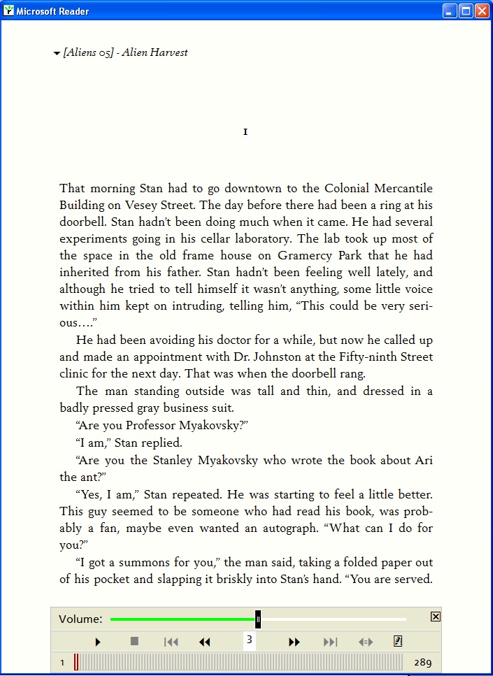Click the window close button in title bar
click(482, 11)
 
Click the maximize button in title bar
click(466, 11)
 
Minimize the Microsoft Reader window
click(450, 11)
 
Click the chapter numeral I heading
click(245, 132)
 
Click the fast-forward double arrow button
click(294, 642)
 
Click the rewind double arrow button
click(205, 642)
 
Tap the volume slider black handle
click(258, 619)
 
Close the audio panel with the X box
click(436, 617)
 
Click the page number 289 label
click(422, 662)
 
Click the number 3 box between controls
click(250, 640)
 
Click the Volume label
click(80, 619)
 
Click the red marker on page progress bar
click(76, 662)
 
